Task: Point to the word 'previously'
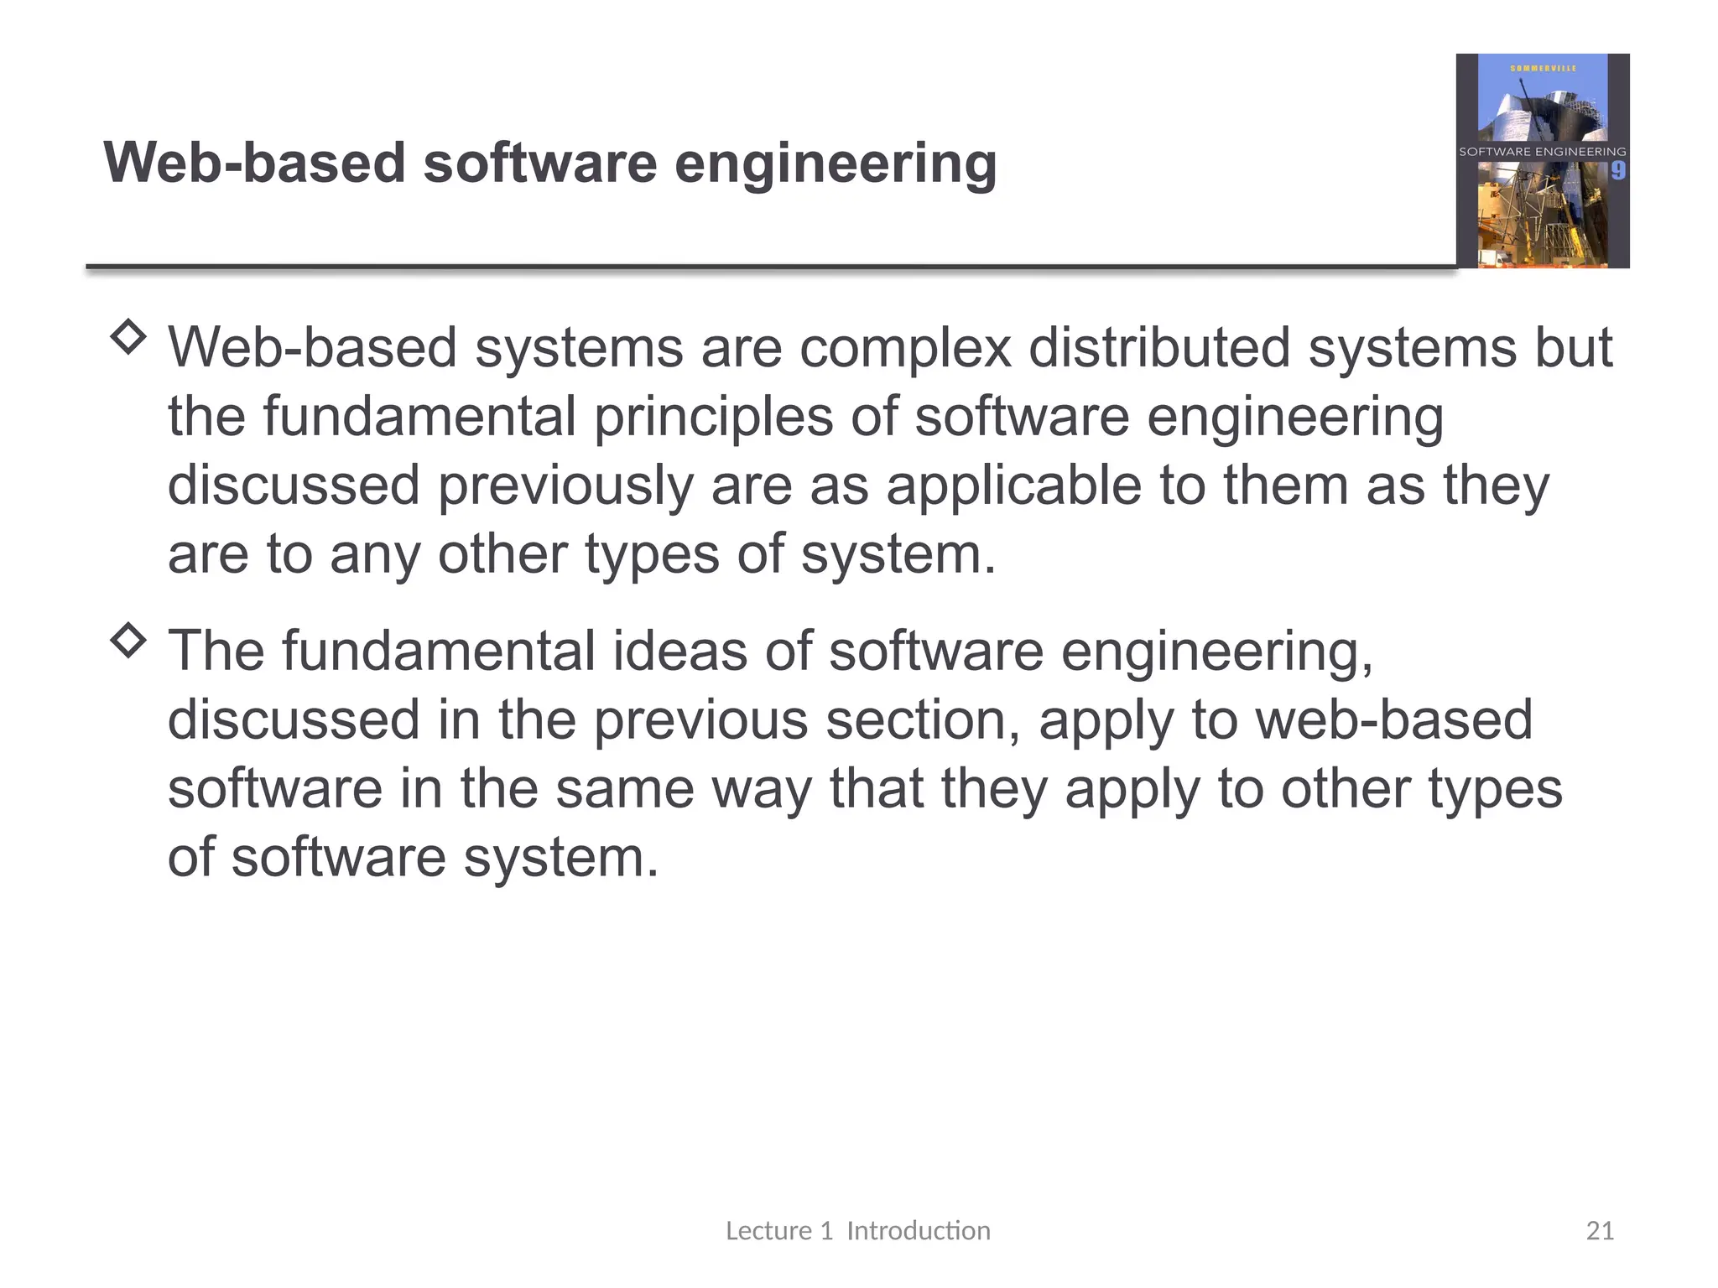565,486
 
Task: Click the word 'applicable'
1014,486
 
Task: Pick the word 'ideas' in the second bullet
679,652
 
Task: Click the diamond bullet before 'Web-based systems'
128,337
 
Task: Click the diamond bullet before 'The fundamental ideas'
128,641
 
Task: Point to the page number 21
1600,1231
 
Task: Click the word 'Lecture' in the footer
768,1231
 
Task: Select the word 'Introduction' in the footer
919,1231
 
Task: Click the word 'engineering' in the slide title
836,164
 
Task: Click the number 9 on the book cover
1617,171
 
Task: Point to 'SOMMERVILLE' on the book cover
1543,68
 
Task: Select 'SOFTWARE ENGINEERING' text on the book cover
1542,152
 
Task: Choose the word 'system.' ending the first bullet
898,555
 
